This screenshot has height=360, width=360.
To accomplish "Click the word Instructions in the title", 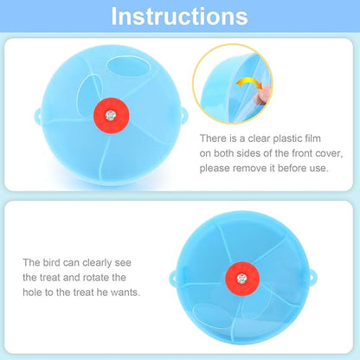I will pos(180,16).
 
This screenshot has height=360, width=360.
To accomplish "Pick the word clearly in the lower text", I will pos(101,262).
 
